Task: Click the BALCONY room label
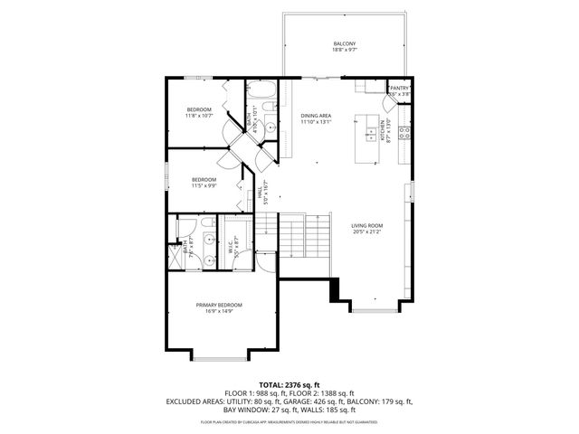tap(344, 43)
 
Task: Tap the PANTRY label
tap(400, 88)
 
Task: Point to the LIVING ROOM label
tap(367, 225)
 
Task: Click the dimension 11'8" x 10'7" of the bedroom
tap(199, 116)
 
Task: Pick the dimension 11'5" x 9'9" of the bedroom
tap(204, 185)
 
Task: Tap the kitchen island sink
tap(372, 135)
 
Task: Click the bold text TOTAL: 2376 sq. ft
tap(289, 385)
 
